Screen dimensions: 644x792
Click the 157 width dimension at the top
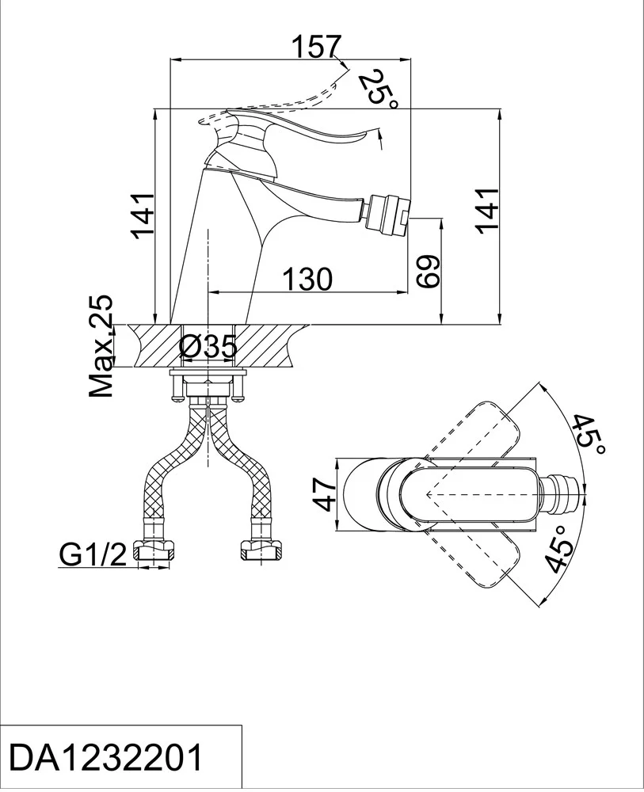pyautogui.click(x=317, y=47)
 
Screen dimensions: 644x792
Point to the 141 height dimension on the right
pyautogui.click(x=487, y=210)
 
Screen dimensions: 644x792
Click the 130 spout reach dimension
pyautogui.click(x=307, y=279)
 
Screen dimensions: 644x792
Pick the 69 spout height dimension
pyautogui.click(x=429, y=272)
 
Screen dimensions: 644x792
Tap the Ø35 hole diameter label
pyautogui.click(x=208, y=347)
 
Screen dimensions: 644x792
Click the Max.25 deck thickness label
pyautogui.click(x=101, y=346)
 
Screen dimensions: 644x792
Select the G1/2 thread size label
pyautogui.click(x=93, y=555)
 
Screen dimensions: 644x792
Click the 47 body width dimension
pyautogui.click(x=324, y=495)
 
